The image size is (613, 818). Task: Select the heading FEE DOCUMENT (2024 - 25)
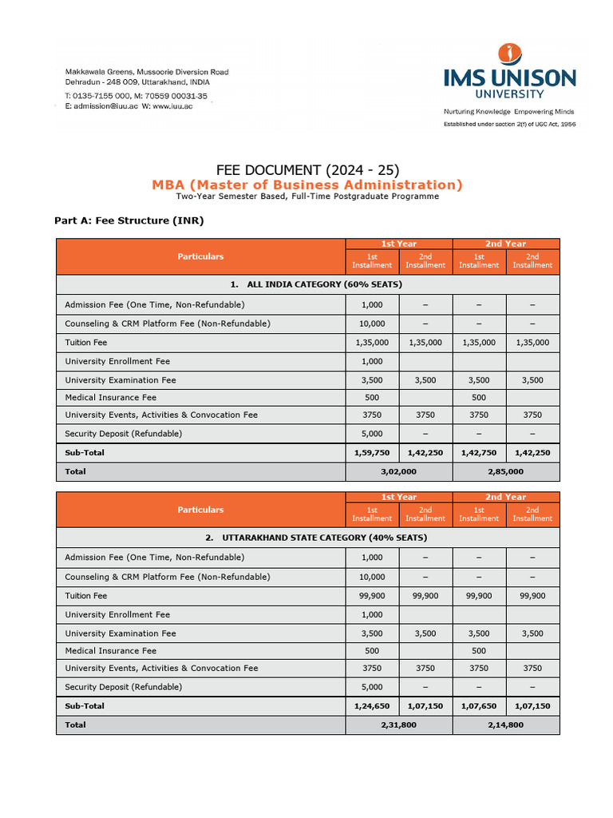[x=307, y=169]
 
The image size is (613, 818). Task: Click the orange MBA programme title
[x=307, y=185]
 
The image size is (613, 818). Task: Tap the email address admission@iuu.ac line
[x=129, y=106]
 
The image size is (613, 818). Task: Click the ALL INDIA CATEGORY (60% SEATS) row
[x=307, y=284]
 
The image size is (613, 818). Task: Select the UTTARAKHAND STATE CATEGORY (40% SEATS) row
[x=307, y=538]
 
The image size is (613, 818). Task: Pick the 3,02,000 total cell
[x=399, y=471]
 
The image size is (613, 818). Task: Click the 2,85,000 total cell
[x=506, y=471]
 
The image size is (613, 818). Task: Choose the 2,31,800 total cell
[x=399, y=725]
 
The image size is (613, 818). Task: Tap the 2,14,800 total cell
[x=506, y=725]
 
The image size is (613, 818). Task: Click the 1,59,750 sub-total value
[x=372, y=452]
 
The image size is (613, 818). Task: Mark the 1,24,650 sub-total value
[x=372, y=706]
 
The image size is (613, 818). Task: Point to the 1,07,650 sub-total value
[x=479, y=706]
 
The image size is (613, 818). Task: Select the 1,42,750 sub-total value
[x=479, y=452]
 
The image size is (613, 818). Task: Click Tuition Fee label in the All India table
[x=86, y=342]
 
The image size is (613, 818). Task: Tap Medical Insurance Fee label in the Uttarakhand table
[x=111, y=650]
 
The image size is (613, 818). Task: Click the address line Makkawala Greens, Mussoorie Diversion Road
[x=147, y=72]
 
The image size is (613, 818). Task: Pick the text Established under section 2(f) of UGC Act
[x=510, y=125]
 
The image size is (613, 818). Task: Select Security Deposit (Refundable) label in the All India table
[x=124, y=433]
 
